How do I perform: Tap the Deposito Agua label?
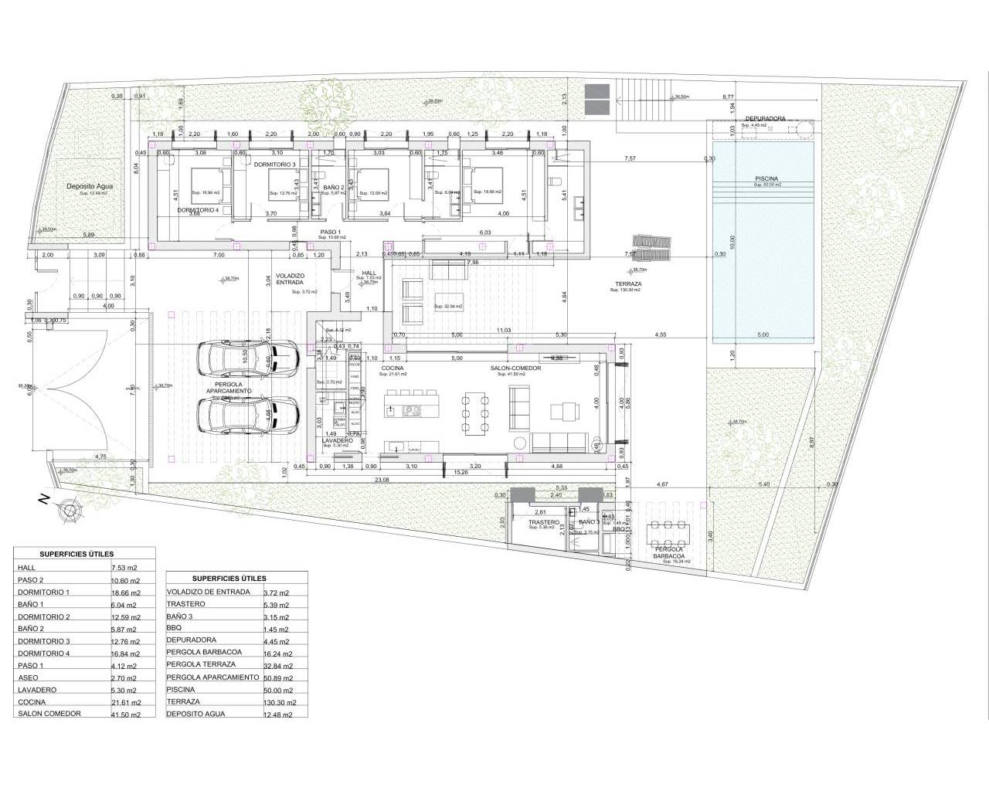pos(87,186)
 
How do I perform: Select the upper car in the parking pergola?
pos(246,358)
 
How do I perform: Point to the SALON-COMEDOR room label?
pos(515,368)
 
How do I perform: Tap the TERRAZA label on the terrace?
pos(625,283)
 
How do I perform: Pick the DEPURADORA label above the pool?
pos(765,119)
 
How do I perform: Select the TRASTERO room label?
pos(544,523)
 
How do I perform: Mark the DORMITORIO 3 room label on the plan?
pos(275,165)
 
